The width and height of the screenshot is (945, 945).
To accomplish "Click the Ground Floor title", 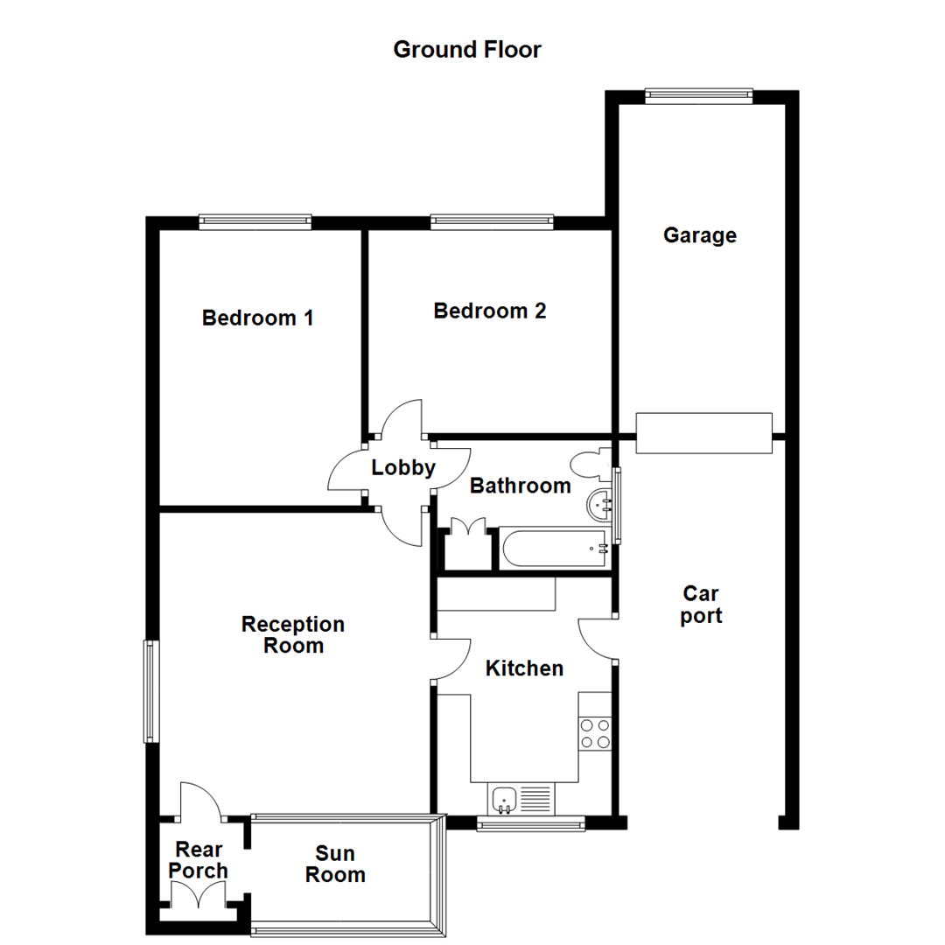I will coord(467,50).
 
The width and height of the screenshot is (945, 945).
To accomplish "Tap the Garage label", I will coord(699,235).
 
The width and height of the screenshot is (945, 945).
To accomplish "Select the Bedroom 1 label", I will coord(257,318).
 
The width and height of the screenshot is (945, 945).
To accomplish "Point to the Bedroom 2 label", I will coord(490,311).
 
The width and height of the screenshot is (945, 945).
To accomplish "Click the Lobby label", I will coord(403,468).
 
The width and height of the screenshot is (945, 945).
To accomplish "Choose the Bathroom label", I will coord(520,486).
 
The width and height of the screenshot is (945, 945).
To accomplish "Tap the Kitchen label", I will coord(524,668).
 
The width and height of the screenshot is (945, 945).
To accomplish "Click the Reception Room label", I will coord(293,635).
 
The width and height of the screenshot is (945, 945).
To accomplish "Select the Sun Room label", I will coord(335,864).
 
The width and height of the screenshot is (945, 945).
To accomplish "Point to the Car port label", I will coord(701,605).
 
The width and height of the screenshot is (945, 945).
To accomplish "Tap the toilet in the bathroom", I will coord(589,465).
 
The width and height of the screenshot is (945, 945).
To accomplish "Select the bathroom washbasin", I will coord(600,503).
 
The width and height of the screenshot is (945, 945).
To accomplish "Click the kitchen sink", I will coord(505,798).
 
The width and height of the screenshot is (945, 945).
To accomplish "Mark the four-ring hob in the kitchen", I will coord(595,733).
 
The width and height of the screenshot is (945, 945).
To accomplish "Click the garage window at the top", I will coord(698,96).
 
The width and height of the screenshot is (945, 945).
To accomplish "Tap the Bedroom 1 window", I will coord(255,222).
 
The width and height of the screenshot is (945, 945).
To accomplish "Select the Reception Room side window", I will coord(151,691).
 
